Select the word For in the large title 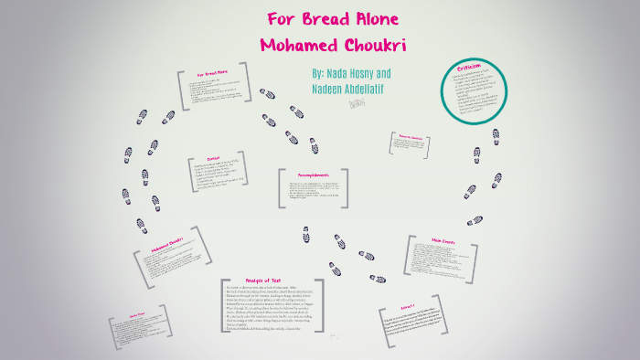tap(280, 20)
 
